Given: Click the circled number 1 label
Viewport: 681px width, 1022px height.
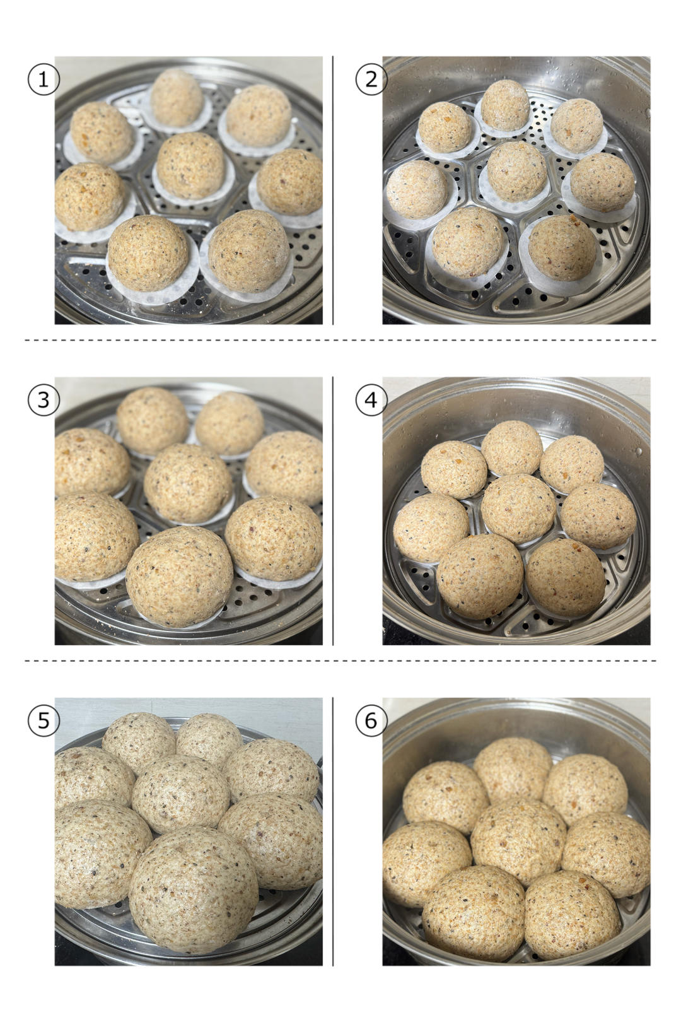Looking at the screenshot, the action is click(44, 79).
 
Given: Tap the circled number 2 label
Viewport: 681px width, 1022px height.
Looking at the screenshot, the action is click(371, 79).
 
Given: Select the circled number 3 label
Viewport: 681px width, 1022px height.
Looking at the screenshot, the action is click(44, 400).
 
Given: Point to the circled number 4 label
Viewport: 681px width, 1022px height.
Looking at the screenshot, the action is click(371, 400).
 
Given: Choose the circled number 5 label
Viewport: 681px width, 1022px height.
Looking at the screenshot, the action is click(44, 720).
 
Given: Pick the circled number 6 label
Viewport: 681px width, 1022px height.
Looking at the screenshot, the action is click(371, 720).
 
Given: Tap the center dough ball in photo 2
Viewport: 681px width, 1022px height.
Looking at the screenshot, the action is click(517, 171).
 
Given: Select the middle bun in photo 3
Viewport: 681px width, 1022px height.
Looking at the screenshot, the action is click(188, 483).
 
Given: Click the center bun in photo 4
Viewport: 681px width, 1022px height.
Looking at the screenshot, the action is click(518, 508).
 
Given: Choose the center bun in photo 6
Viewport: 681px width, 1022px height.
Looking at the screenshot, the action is click(518, 842).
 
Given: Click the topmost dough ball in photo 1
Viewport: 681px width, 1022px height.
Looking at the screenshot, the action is click(177, 98).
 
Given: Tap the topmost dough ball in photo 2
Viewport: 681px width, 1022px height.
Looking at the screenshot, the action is click(505, 105).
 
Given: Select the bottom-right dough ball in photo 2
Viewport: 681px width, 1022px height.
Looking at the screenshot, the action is click(562, 248).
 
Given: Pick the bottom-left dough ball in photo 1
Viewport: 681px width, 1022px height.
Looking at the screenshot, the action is click(148, 253).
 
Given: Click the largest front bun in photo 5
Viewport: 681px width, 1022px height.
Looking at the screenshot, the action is click(194, 889).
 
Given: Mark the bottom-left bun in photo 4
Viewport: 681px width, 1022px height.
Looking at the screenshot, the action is click(480, 577).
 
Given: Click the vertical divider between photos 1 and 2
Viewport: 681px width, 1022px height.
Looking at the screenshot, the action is click(333, 191).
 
